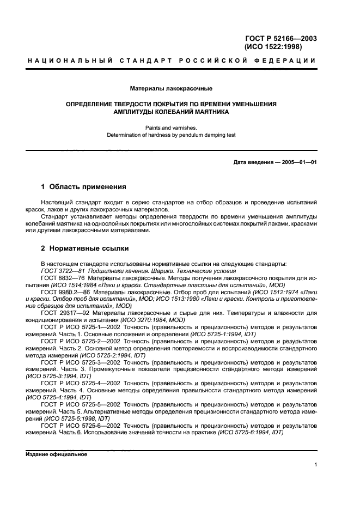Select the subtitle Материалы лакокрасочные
click(x=171, y=88)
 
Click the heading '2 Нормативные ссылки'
click(x=85, y=248)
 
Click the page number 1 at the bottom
click(x=315, y=465)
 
